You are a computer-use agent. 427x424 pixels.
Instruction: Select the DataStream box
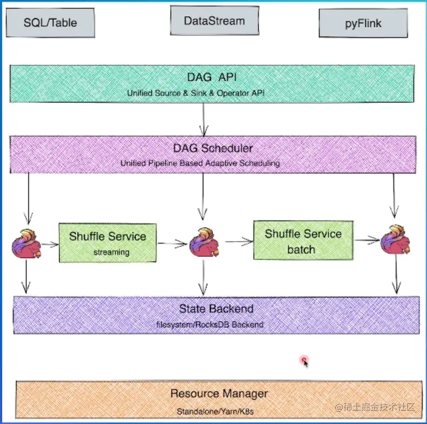coord(214,21)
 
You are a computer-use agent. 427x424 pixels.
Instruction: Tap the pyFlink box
coord(363,24)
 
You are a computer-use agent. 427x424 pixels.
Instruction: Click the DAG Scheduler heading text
coord(212,148)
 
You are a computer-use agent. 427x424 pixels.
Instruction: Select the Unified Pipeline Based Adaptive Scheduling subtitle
coord(200,163)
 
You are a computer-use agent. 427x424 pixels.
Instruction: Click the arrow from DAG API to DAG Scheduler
coord(204,119)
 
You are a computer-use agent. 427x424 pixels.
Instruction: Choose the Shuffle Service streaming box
coord(108,242)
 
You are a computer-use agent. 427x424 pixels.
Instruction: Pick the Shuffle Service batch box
coord(303,240)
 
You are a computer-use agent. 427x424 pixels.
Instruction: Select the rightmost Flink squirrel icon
coord(395,240)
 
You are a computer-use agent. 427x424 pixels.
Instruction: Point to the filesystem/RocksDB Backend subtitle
coord(210,324)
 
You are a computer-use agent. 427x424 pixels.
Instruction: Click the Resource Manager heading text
coord(219,394)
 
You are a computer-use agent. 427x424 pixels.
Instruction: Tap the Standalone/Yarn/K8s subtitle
coord(215,411)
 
